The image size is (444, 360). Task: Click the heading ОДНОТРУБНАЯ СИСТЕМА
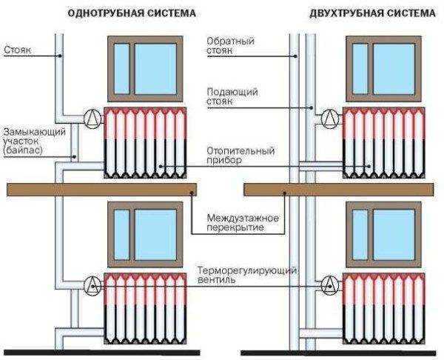click(x=132, y=13)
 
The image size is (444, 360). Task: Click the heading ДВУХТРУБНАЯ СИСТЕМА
click(x=372, y=13)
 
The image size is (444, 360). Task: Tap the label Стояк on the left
click(x=18, y=50)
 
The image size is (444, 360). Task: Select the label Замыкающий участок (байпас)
click(x=34, y=141)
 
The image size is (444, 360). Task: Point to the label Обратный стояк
click(x=230, y=45)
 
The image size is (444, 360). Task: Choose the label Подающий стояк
click(x=232, y=96)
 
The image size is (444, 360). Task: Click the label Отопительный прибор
click(x=240, y=155)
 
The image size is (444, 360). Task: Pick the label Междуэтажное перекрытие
click(x=243, y=223)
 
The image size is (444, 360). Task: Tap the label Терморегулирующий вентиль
click(x=247, y=275)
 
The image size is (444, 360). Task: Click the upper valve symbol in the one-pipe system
click(x=92, y=118)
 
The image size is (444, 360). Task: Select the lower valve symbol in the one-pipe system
click(x=92, y=285)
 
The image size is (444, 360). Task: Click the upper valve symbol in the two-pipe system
click(x=330, y=118)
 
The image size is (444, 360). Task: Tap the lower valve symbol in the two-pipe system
click(x=330, y=284)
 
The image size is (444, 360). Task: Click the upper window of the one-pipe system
click(x=145, y=69)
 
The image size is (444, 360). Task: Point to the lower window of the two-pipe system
click(x=384, y=235)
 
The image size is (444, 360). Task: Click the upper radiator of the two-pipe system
click(x=383, y=143)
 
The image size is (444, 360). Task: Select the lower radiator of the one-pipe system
click(x=145, y=309)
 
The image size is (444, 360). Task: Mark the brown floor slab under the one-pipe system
click(x=101, y=190)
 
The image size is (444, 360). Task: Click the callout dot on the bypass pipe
click(x=74, y=156)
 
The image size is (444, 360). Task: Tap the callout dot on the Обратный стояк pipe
click(x=295, y=56)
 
